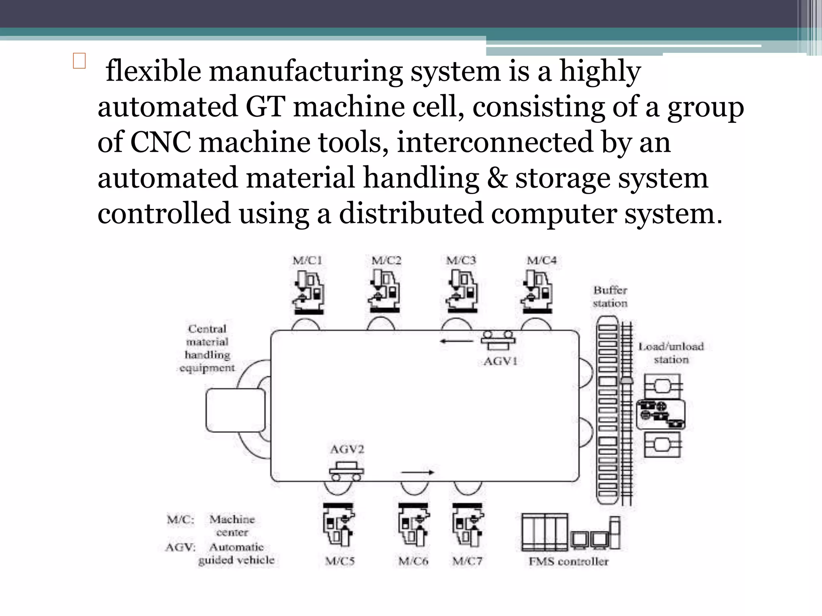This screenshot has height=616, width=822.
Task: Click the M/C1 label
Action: (307, 261)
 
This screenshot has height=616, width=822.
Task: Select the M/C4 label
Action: (541, 261)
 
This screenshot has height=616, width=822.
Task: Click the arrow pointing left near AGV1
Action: (457, 341)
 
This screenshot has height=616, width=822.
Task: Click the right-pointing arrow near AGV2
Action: (417, 472)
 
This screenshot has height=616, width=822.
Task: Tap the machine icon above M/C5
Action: (339, 524)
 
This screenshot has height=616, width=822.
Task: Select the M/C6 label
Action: (413, 561)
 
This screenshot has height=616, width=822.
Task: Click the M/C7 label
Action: (467, 561)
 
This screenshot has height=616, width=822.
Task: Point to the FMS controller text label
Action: (568, 561)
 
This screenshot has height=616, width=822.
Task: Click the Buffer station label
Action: (610, 297)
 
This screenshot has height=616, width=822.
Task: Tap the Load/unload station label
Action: (671, 353)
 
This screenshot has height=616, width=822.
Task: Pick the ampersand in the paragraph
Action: (497, 178)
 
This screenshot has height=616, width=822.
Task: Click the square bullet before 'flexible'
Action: (79, 61)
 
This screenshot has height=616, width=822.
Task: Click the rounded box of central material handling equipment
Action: (236, 410)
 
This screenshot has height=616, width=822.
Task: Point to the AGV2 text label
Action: (347, 449)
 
